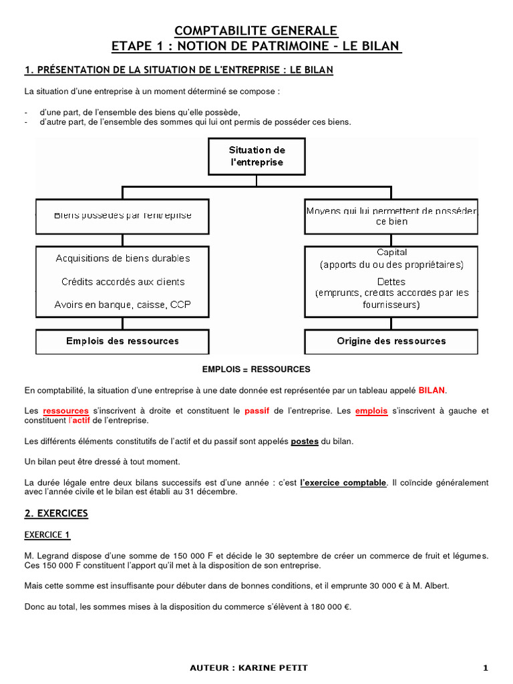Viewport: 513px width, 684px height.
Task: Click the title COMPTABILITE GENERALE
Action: click(256, 31)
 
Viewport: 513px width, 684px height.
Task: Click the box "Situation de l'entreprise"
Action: click(256, 156)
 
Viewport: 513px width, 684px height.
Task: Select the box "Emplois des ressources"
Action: click(122, 341)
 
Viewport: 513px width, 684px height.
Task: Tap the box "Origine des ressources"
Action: click(391, 341)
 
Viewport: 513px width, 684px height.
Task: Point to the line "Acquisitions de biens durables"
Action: click(123, 259)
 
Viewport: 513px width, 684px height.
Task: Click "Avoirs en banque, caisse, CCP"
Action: click(123, 305)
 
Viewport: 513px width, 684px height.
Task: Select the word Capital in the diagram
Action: click(391, 252)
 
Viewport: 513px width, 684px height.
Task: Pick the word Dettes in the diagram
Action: click(391, 282)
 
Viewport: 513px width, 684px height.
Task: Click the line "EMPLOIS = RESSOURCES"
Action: click(256, 369)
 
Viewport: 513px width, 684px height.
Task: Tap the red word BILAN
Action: click(432, 390)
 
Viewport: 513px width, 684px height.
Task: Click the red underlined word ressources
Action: click(65, 411)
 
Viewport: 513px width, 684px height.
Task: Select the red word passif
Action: click(257, 411)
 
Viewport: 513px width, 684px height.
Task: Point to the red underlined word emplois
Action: click(371, 411)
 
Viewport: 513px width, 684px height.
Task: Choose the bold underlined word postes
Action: click(305, 442)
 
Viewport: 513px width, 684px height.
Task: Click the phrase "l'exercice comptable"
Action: click(343, 482)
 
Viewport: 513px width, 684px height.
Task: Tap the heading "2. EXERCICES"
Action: click(56, 514)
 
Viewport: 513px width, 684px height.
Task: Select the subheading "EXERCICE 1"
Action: click(47, 535)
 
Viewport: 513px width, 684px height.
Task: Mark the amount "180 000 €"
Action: click(329, 607)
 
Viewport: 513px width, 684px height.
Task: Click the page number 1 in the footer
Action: click(486, 668)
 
